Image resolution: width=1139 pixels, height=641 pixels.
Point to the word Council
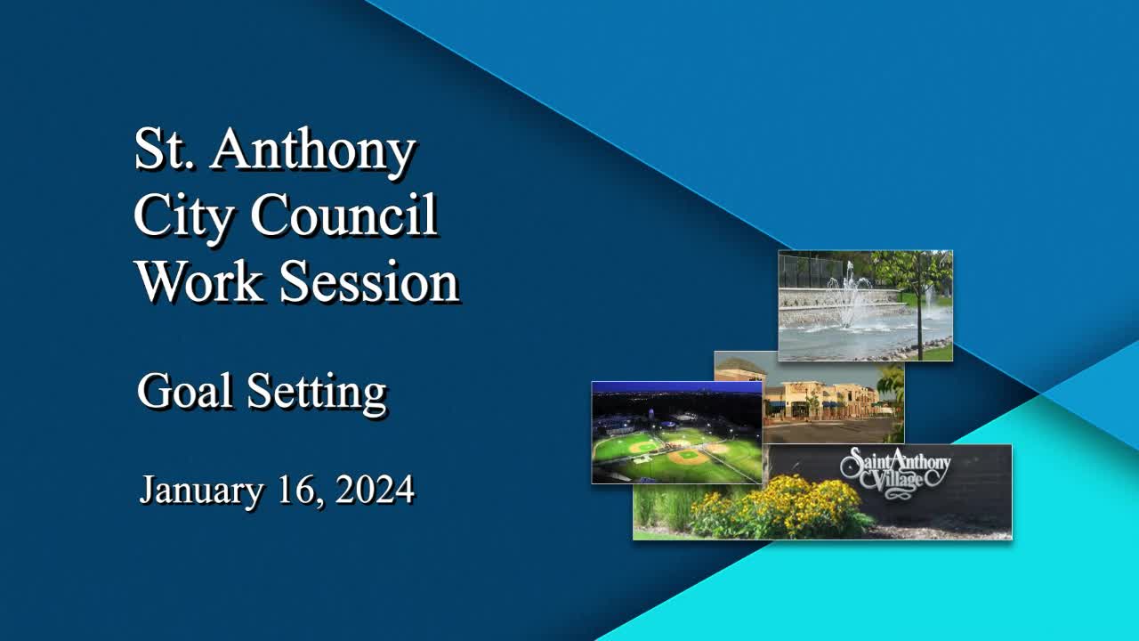coord(343,215)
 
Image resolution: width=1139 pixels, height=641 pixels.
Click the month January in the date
coord(201,490)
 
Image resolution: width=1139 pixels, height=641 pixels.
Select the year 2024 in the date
coord(375,490)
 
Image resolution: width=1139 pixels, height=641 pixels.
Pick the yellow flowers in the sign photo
coord(783,507)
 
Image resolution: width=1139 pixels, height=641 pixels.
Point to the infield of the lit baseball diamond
coord(685,456)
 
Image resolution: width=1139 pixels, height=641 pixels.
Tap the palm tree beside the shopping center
coord(891,386)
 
